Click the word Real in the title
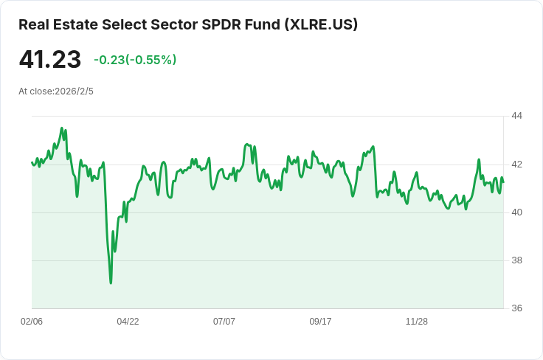(32, 24)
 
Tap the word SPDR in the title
(219, 24)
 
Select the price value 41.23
(49, 60)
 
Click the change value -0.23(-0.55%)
(135, 60)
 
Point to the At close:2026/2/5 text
(56, 91)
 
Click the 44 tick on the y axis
(516, 116)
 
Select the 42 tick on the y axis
(516, 164)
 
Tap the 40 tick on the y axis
(516, 212)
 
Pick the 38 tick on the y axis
(516, 260)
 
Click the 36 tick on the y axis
(516, 308)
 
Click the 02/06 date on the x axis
(32, 322)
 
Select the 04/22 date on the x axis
(128, 322)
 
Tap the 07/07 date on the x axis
(224, 322)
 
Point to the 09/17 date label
(320, 322)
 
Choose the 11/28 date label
(417, 322)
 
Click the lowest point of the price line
(111, 283)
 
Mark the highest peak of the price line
(62, 128)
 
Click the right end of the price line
(503, 182)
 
